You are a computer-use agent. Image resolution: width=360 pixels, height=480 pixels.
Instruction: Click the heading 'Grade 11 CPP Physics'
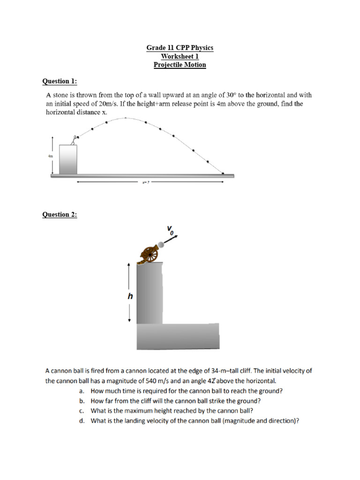click(x=180, y=48)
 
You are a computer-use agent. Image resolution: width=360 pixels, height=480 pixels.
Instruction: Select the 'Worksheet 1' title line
click(x=180, y=57)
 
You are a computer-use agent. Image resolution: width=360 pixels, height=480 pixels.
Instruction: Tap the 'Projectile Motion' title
click(x=180, y=65)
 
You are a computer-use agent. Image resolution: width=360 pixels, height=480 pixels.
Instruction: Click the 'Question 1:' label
click(x=60, y=82)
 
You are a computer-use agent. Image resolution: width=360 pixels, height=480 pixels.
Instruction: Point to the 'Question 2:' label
click(x=60, y=215)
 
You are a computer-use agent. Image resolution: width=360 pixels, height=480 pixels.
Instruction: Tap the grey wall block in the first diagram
click(x=68, y=159)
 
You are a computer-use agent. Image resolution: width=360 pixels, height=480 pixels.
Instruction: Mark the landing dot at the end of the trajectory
click(x=223, y=173)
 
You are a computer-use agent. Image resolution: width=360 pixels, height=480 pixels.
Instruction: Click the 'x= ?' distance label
click(x=145, y=183)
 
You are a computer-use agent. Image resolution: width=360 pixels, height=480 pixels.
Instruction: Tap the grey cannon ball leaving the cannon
click(x=161, y=244)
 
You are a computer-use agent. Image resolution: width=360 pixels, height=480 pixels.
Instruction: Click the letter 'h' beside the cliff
click(x=131, y=296)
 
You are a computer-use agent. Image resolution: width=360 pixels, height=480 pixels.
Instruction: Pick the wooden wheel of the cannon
click(x=151, y=256)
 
